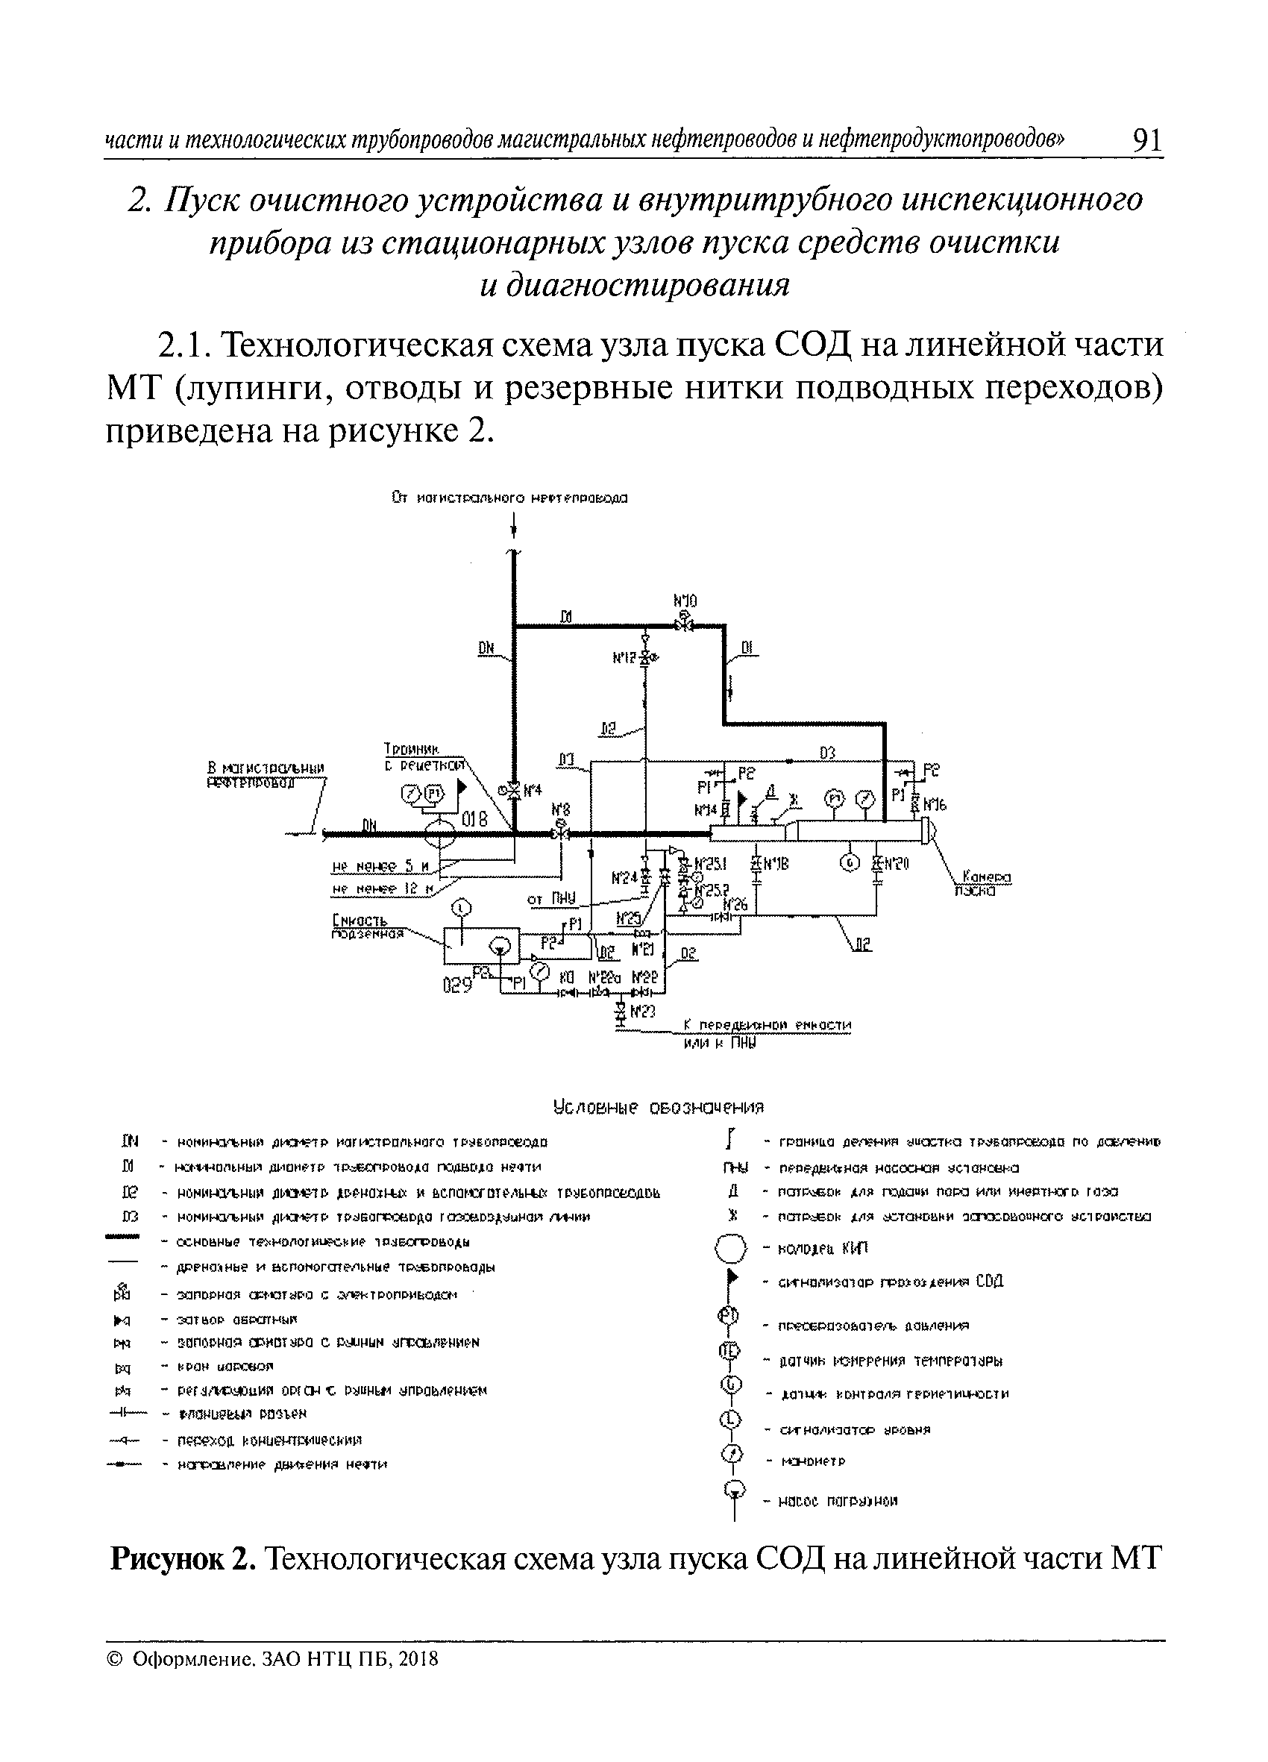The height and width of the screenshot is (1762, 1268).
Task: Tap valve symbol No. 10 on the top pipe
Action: tap(685, 624)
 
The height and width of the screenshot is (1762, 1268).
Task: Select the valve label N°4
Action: tap(533, 791)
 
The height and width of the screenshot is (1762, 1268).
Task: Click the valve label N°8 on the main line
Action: tap(559, 807)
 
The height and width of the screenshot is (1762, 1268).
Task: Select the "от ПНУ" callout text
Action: tap(552, 900)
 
